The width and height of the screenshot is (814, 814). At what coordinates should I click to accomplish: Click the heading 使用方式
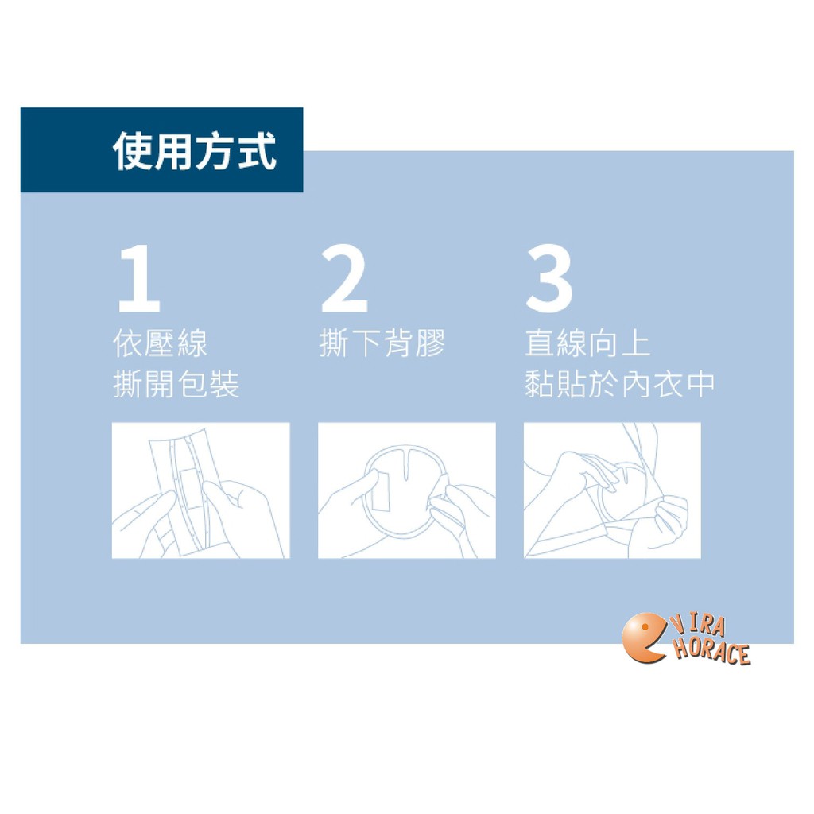194,151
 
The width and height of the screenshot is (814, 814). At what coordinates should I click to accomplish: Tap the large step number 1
139,278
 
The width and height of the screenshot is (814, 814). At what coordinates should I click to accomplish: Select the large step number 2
344,278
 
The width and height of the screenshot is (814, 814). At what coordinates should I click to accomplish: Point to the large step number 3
549,278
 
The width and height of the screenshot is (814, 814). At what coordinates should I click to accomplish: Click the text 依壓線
160,343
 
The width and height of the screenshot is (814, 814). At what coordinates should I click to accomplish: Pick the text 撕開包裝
176,384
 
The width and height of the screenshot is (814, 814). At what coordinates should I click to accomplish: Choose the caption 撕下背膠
382,343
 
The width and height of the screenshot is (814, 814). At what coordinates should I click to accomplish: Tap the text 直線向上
587,343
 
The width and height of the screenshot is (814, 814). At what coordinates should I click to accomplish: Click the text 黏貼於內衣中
620,384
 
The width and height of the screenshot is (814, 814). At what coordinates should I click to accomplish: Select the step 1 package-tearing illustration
200,490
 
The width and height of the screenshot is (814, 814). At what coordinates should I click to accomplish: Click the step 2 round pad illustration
406,490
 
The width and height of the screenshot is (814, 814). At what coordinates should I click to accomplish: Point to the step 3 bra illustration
612,490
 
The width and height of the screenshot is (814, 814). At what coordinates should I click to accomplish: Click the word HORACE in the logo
711,651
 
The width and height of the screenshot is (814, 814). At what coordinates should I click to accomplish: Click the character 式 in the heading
257,151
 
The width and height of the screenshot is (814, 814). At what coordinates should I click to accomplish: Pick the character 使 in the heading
132,151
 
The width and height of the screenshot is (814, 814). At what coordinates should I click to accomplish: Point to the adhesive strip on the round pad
381,491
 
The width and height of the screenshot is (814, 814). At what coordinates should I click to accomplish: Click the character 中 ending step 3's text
700,384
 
